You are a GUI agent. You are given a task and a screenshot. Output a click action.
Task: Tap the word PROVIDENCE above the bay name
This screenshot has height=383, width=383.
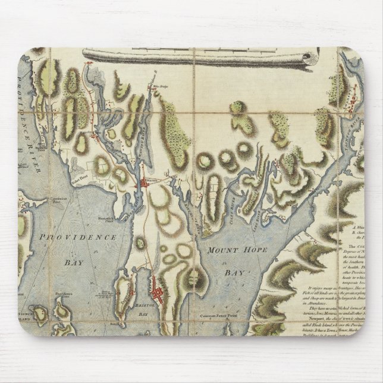79,237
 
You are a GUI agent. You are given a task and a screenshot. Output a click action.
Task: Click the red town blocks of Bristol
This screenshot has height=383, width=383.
159,293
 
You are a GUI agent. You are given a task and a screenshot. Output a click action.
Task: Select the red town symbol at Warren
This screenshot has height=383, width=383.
143,185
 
